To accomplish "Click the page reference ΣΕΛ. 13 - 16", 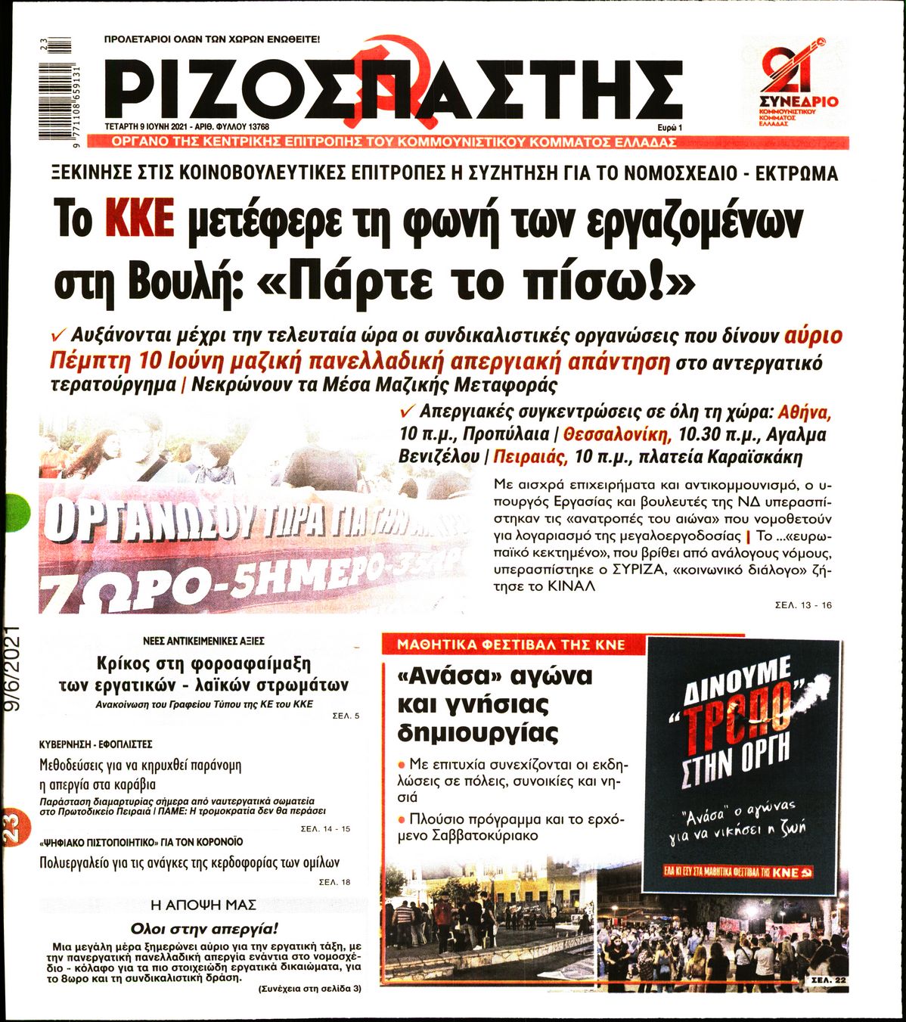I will pos(803,605).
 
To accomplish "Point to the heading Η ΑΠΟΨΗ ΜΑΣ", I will pos(203,905).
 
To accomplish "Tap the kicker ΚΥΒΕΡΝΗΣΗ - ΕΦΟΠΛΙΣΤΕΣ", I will pos(96,744).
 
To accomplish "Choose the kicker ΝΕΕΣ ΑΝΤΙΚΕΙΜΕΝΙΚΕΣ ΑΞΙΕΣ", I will pos(203,640).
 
